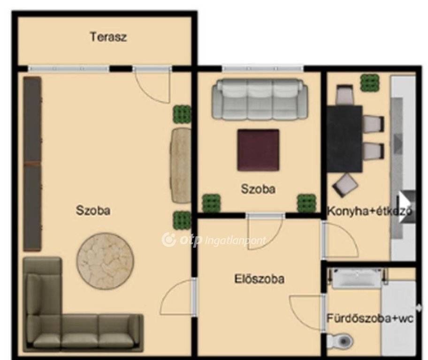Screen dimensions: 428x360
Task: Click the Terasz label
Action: [108, 37]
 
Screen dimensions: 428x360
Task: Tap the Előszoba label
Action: [260, 279]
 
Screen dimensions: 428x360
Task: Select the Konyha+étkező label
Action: [369, 211]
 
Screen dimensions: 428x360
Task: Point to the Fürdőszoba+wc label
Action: [370, 318]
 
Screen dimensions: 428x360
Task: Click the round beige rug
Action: [105, 261]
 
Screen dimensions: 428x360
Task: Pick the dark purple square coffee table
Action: [258, 150]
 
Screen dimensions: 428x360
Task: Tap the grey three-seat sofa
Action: [260, 99]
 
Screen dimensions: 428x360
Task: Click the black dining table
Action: [345, 139]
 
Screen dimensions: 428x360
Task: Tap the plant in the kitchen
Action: [370, 82]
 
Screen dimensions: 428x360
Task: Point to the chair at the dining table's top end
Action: [344, 95]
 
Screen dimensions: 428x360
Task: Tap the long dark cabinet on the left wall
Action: [32, 164]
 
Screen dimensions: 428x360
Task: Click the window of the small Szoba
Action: [263, 68]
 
